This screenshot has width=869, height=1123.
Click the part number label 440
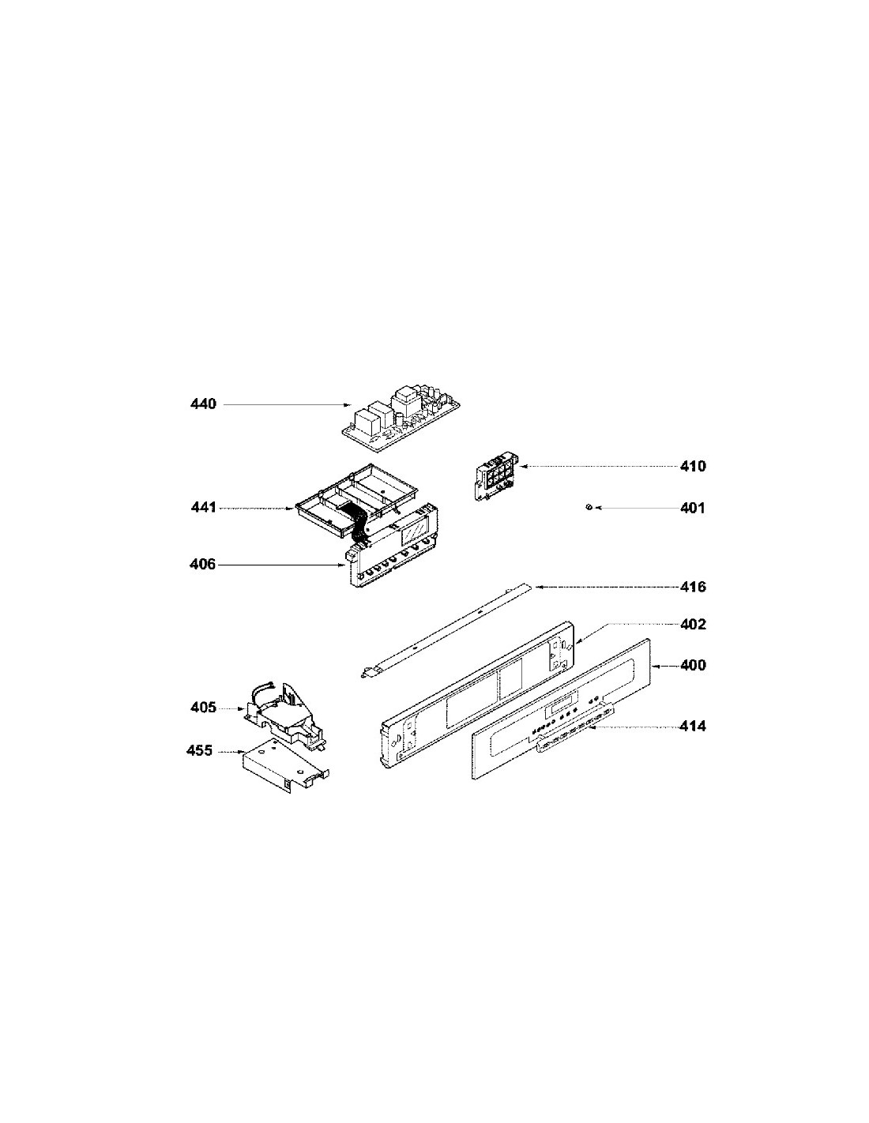click(203, 404)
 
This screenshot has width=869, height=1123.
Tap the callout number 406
click(202, 564)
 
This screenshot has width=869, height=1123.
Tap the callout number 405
click(203, 707)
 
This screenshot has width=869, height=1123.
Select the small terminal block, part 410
click(496, 476)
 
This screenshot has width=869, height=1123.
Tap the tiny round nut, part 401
click(588, 508)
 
